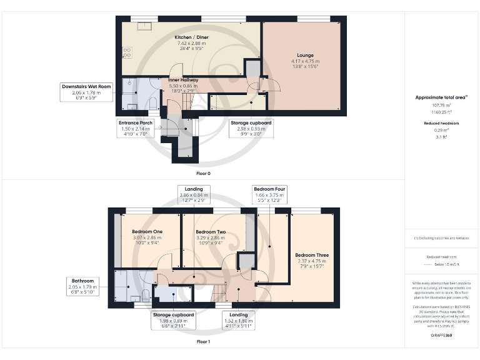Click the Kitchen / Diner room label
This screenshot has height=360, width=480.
(191, 37)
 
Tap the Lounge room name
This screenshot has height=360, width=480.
(302, 55)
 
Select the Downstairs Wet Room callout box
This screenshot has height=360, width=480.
(86, 92)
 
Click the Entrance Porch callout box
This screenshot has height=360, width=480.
(136, 129)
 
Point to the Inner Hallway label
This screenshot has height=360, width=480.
(183, 81)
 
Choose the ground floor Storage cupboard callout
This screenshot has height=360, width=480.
(251, 129)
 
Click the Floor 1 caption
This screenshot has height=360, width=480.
(203, 342)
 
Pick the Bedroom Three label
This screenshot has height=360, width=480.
(312, 255)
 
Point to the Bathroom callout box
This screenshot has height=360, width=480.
(83, 286)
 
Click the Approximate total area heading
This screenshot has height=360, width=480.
(441, 97)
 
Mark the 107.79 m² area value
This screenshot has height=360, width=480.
(441, 105)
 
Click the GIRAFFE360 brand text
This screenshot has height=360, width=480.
(441, 335)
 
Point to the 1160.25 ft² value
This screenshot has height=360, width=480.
(441, 111)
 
